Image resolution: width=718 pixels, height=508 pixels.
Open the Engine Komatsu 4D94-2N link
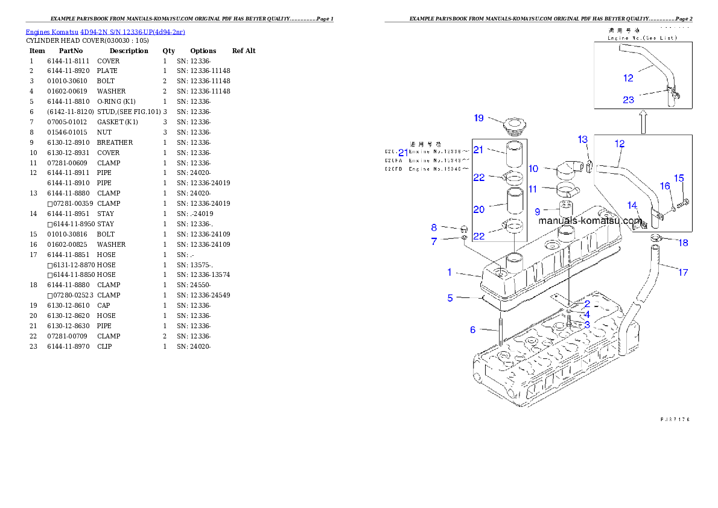pyautogui.click(x=105, y=31)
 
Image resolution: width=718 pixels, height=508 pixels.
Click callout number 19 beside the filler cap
pyautogui.click(x=478, y=118)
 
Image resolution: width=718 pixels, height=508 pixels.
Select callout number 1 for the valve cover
pyautogui.click(x=450, y=272)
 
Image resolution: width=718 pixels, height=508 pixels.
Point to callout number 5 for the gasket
pyautogui.click(x=450, y=297)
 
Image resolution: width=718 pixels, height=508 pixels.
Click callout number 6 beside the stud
pyautogui.click(x=473, y=329)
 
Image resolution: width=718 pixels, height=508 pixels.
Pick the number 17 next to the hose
pyautogui.click(x=682, y=272)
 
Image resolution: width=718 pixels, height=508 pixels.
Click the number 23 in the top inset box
pyautogui.click(x=628, y=100)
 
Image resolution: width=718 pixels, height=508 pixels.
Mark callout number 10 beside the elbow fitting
pyautogui.click(x=533, y=168)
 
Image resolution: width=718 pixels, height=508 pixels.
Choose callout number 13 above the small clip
pyautogui.click(x=582, y=139)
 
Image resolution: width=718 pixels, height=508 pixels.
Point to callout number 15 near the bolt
pyautogui.click(x=679, y=178)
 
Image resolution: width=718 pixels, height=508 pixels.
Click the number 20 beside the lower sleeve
pyautogui.click(x=478, y=209)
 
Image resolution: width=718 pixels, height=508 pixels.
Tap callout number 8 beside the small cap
pyautogui.click(x=434, y=227)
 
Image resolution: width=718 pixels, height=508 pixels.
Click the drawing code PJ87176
pyautogui.click(x=675, y=419)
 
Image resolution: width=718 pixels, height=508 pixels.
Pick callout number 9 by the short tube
pyautogui.click(x=537, y=212)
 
